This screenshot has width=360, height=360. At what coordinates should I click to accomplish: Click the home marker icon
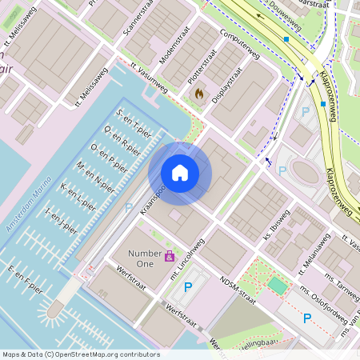coord(180,173)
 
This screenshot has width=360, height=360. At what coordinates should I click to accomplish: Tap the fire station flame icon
coord(198,94)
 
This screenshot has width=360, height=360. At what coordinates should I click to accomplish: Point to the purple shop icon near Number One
coord(170,257)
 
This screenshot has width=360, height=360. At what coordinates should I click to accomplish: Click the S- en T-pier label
coord(134,121)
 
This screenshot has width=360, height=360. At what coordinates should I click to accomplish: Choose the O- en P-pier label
coord(110,154)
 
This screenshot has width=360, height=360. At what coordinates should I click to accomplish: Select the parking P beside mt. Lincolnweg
coord(188,286)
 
